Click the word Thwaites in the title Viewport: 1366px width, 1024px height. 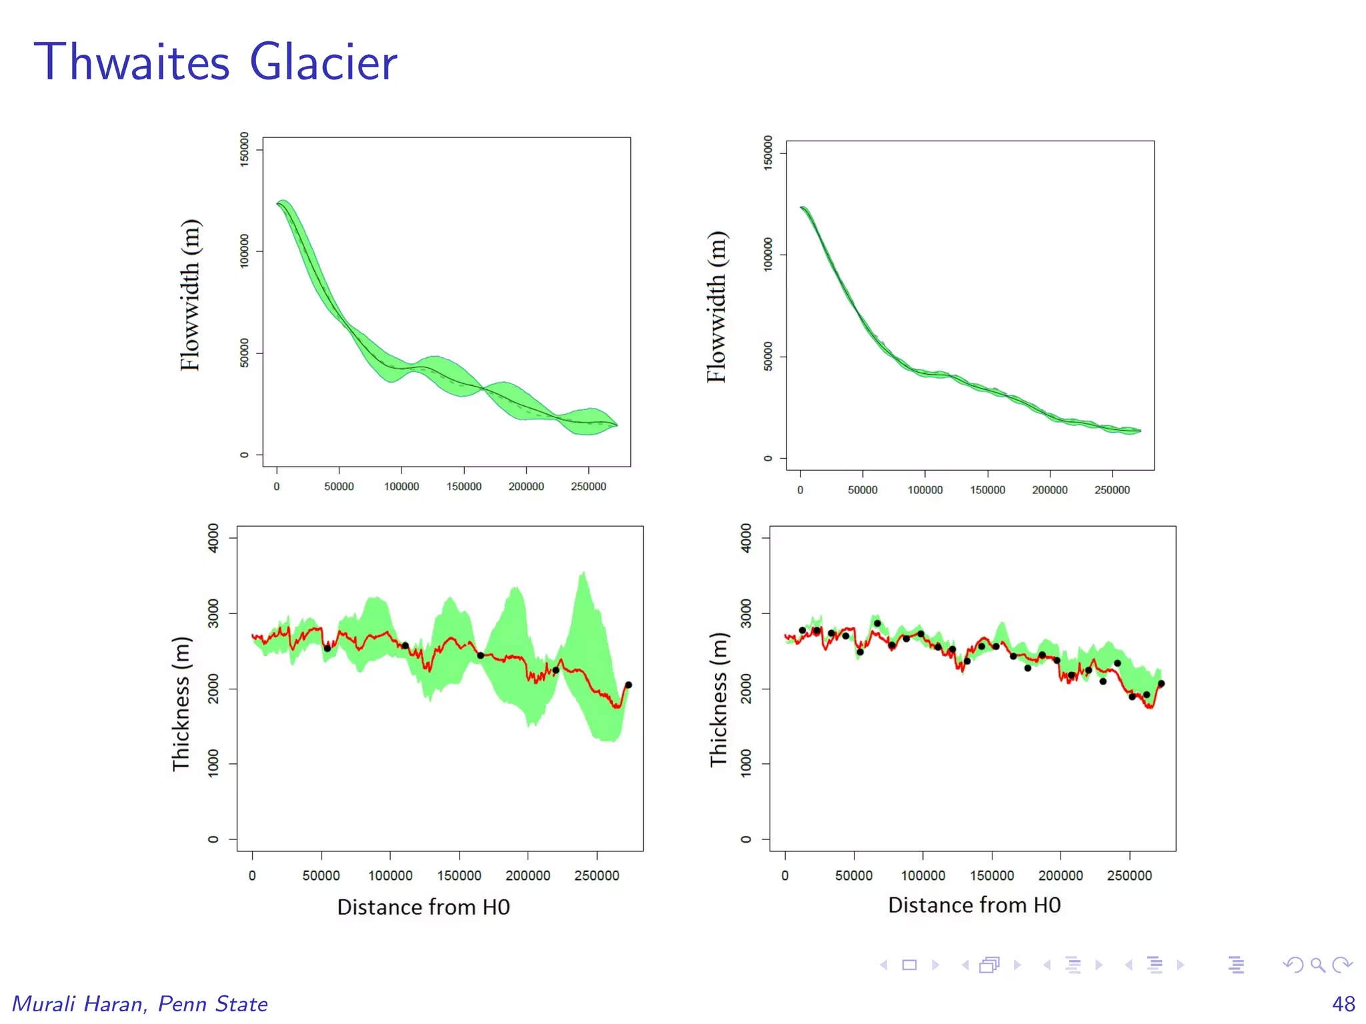coord(131,62)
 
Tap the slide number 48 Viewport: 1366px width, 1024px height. coord(1343,1003)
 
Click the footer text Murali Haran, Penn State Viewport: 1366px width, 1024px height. coord(140,1003)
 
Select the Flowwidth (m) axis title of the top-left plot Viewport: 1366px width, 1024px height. coord(190,295)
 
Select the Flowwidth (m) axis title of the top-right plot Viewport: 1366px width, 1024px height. coord(716,307)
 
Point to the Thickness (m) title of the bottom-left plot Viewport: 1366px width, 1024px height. coord(181,704)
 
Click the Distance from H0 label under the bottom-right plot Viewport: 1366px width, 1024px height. coord(974,905)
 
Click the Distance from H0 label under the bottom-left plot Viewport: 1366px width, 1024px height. coord(423,907)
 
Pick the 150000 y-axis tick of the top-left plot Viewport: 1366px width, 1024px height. coord(244,149)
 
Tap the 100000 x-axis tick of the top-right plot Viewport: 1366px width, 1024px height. coord(924,490)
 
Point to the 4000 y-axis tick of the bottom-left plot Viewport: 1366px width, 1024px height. coord(213,537)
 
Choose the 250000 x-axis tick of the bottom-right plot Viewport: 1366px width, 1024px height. coord(1129,875)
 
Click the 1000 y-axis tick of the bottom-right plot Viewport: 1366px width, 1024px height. coord(746,763)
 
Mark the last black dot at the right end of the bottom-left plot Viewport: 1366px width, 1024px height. coord(628,685)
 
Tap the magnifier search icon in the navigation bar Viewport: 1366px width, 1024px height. coord(1317,965)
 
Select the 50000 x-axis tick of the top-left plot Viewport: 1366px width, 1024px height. coord(339,487)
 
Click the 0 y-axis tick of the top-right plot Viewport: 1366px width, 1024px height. coord(768,458)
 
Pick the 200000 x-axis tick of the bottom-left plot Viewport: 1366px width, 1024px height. coord(528,875)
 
